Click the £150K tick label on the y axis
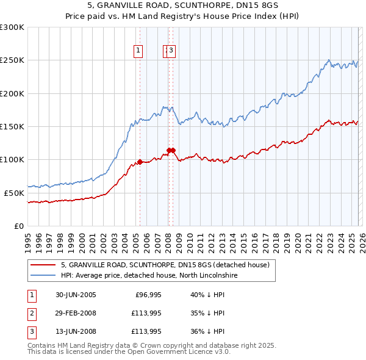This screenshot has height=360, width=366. (12, 127)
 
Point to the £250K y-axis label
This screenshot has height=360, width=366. (12, 60)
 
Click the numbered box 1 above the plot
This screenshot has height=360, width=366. (139, 51)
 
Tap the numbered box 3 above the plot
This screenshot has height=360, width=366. (171, 51)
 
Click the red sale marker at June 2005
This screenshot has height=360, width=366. (140, 162)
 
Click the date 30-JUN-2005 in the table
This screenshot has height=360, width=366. (76, 295)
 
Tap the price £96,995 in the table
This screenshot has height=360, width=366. (148, 295)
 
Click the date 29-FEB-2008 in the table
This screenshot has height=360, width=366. (76, 313)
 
